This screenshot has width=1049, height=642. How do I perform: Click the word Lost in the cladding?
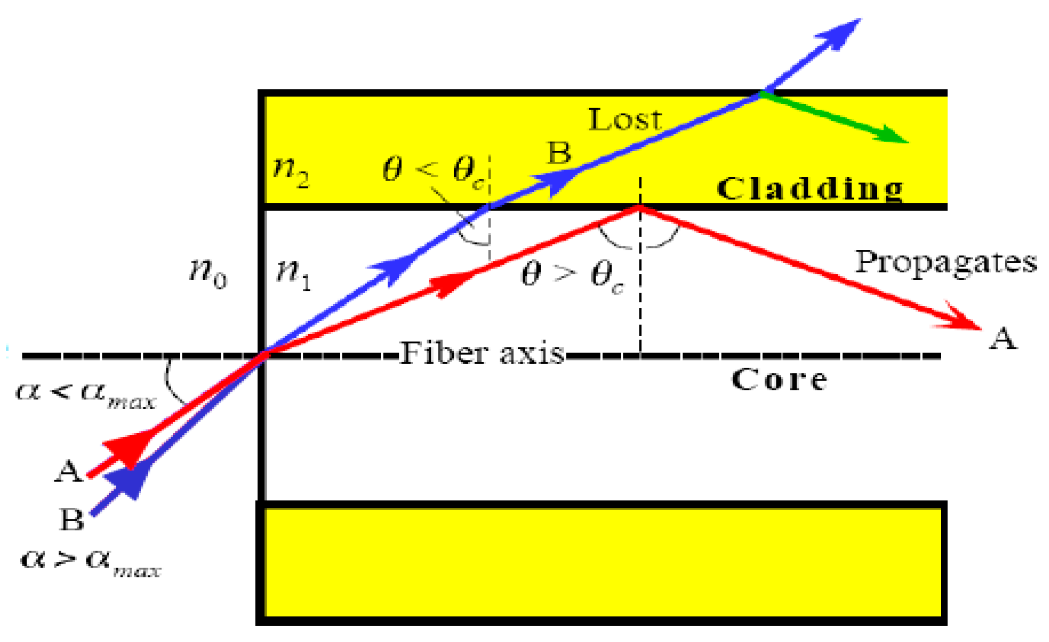coord(625,120)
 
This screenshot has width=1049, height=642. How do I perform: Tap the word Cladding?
coord(810,189)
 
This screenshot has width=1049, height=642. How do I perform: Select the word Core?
coord(779,380)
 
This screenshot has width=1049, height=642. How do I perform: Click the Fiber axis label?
coord(482,353)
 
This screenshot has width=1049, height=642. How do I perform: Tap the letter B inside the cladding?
coord(559,152)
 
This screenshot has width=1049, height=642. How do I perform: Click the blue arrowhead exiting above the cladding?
coord(841,33)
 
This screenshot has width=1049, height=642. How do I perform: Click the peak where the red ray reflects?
coord(640,206)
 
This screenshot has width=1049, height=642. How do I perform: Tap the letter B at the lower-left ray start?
coord(72,520)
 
